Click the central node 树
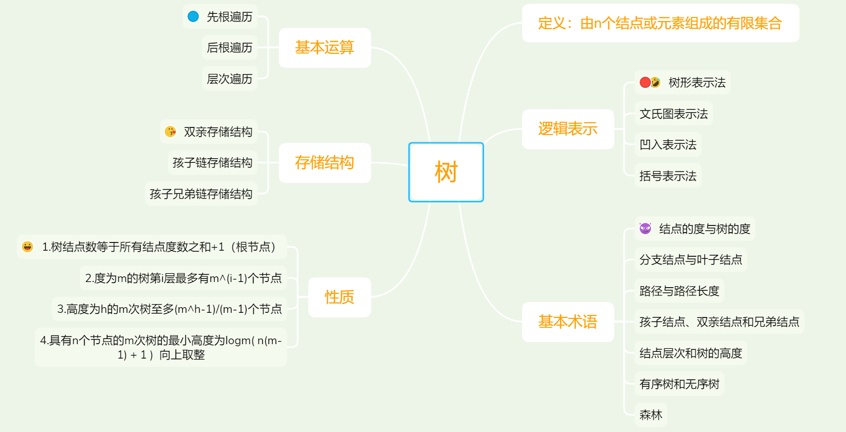(x=446, y=172)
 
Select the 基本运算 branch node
(x=324, y=48)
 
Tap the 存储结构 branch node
(x=324, y=163)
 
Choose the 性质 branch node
(x=339, y=297)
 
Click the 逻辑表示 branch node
(x=568, y=129)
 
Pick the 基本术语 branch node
(x=568, y=322)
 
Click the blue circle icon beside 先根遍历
(x=193, y=16)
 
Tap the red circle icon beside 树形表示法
(x=645, y=82)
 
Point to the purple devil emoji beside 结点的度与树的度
(x=645, y=229)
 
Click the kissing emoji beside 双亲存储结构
(x=170, y=132)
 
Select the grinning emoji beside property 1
(x=28, y=247)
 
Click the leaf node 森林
(x=651, y=415)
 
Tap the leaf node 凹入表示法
(x=668, y=145)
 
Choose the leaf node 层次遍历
(x=229, y=79)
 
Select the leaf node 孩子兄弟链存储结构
(x=201, y=194)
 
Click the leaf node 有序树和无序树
(x=679, y=384)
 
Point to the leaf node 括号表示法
(x=668, y=176)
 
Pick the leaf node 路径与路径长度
(x=679, y=291)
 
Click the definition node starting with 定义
(x=660, y=23)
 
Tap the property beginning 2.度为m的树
(x=183, y=278)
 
